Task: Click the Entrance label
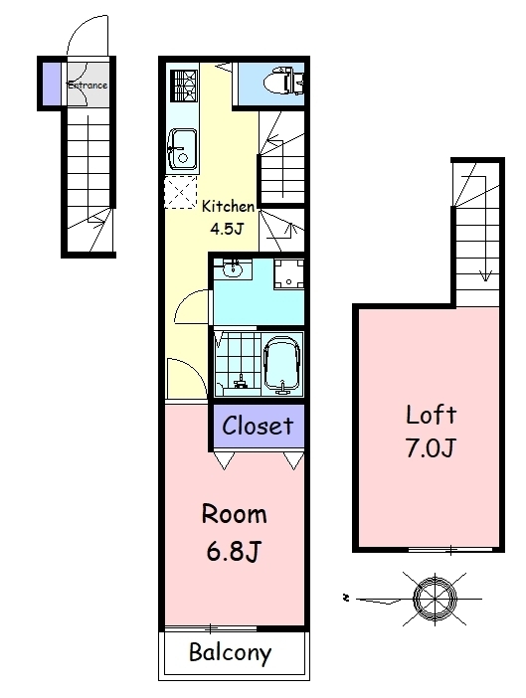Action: (x=88, y=85)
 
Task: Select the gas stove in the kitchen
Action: (x=183, y=86)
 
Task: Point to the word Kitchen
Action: (x=228, y=206)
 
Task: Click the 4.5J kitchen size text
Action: (x=227, y=229)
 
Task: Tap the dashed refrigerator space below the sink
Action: (x=180, y=192)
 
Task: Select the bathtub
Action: (x=282, y=364)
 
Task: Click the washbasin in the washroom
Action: (x=233, y=269)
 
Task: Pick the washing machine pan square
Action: (x=288, y=274)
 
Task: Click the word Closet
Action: (x=258, y=426)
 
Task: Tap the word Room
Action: (x=234, y=514)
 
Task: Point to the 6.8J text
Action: (x=234, y=551)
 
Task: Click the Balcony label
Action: (x=230, y=653)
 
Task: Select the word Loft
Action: (x=432, y=415)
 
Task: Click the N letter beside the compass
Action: (x=345, y=598)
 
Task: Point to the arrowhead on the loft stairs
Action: (x=485, y=276)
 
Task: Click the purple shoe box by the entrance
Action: (x=52, y=85)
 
